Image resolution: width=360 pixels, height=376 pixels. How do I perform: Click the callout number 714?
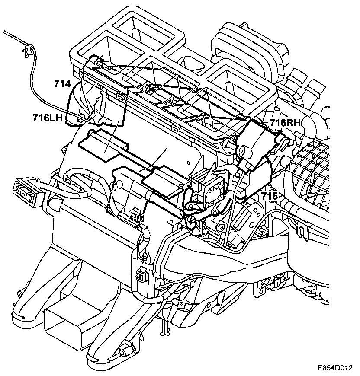click(63, 83)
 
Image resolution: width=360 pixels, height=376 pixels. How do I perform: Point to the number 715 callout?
click(269, 196)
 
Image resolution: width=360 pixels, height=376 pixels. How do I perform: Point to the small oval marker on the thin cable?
click(114, 187)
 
